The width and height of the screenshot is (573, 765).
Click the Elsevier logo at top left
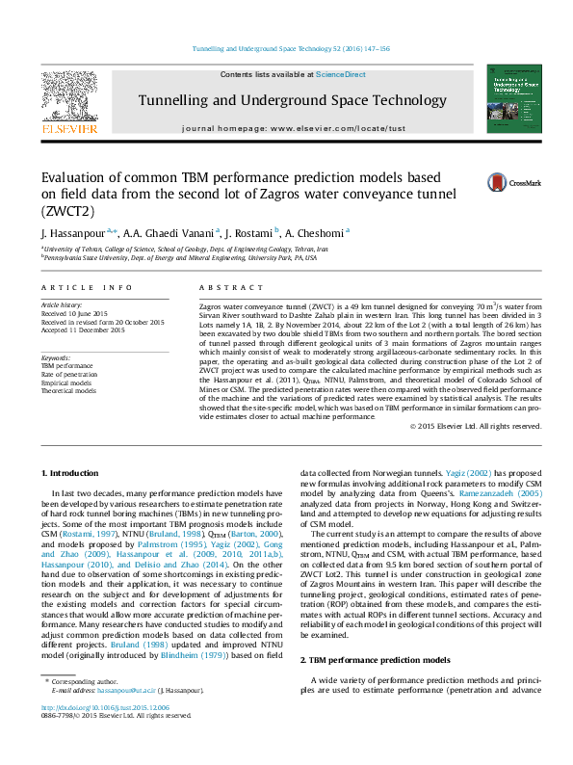coord(68,100)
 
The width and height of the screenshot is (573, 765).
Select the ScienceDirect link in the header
coord(341,74)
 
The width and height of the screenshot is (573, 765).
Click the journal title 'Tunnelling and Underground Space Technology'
coord(292,100)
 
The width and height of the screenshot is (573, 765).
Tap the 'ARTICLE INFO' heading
coord(87,287)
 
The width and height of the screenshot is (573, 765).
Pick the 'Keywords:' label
coord(56,358)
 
